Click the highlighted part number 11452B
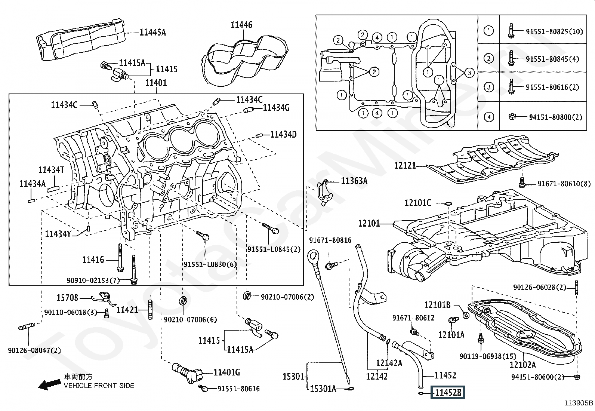(448, 393)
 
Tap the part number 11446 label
(241, 25)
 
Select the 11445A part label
(152, 33)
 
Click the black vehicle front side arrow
(50, 384)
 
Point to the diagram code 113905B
(579, 403)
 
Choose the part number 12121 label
(405, 165)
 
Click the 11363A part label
(354, 181)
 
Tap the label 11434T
(51, 170)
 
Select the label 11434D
(283, 134)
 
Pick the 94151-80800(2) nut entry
(555, 117)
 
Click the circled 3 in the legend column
(488, 87)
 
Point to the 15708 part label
(67, 298)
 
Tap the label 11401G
(226, 372)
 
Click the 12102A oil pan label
(522, 365)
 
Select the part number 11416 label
(93, 260)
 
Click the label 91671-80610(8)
(564, 184)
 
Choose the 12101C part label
(417, 203)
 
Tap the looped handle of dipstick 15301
(313, 258)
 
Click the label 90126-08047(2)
(34, 350)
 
